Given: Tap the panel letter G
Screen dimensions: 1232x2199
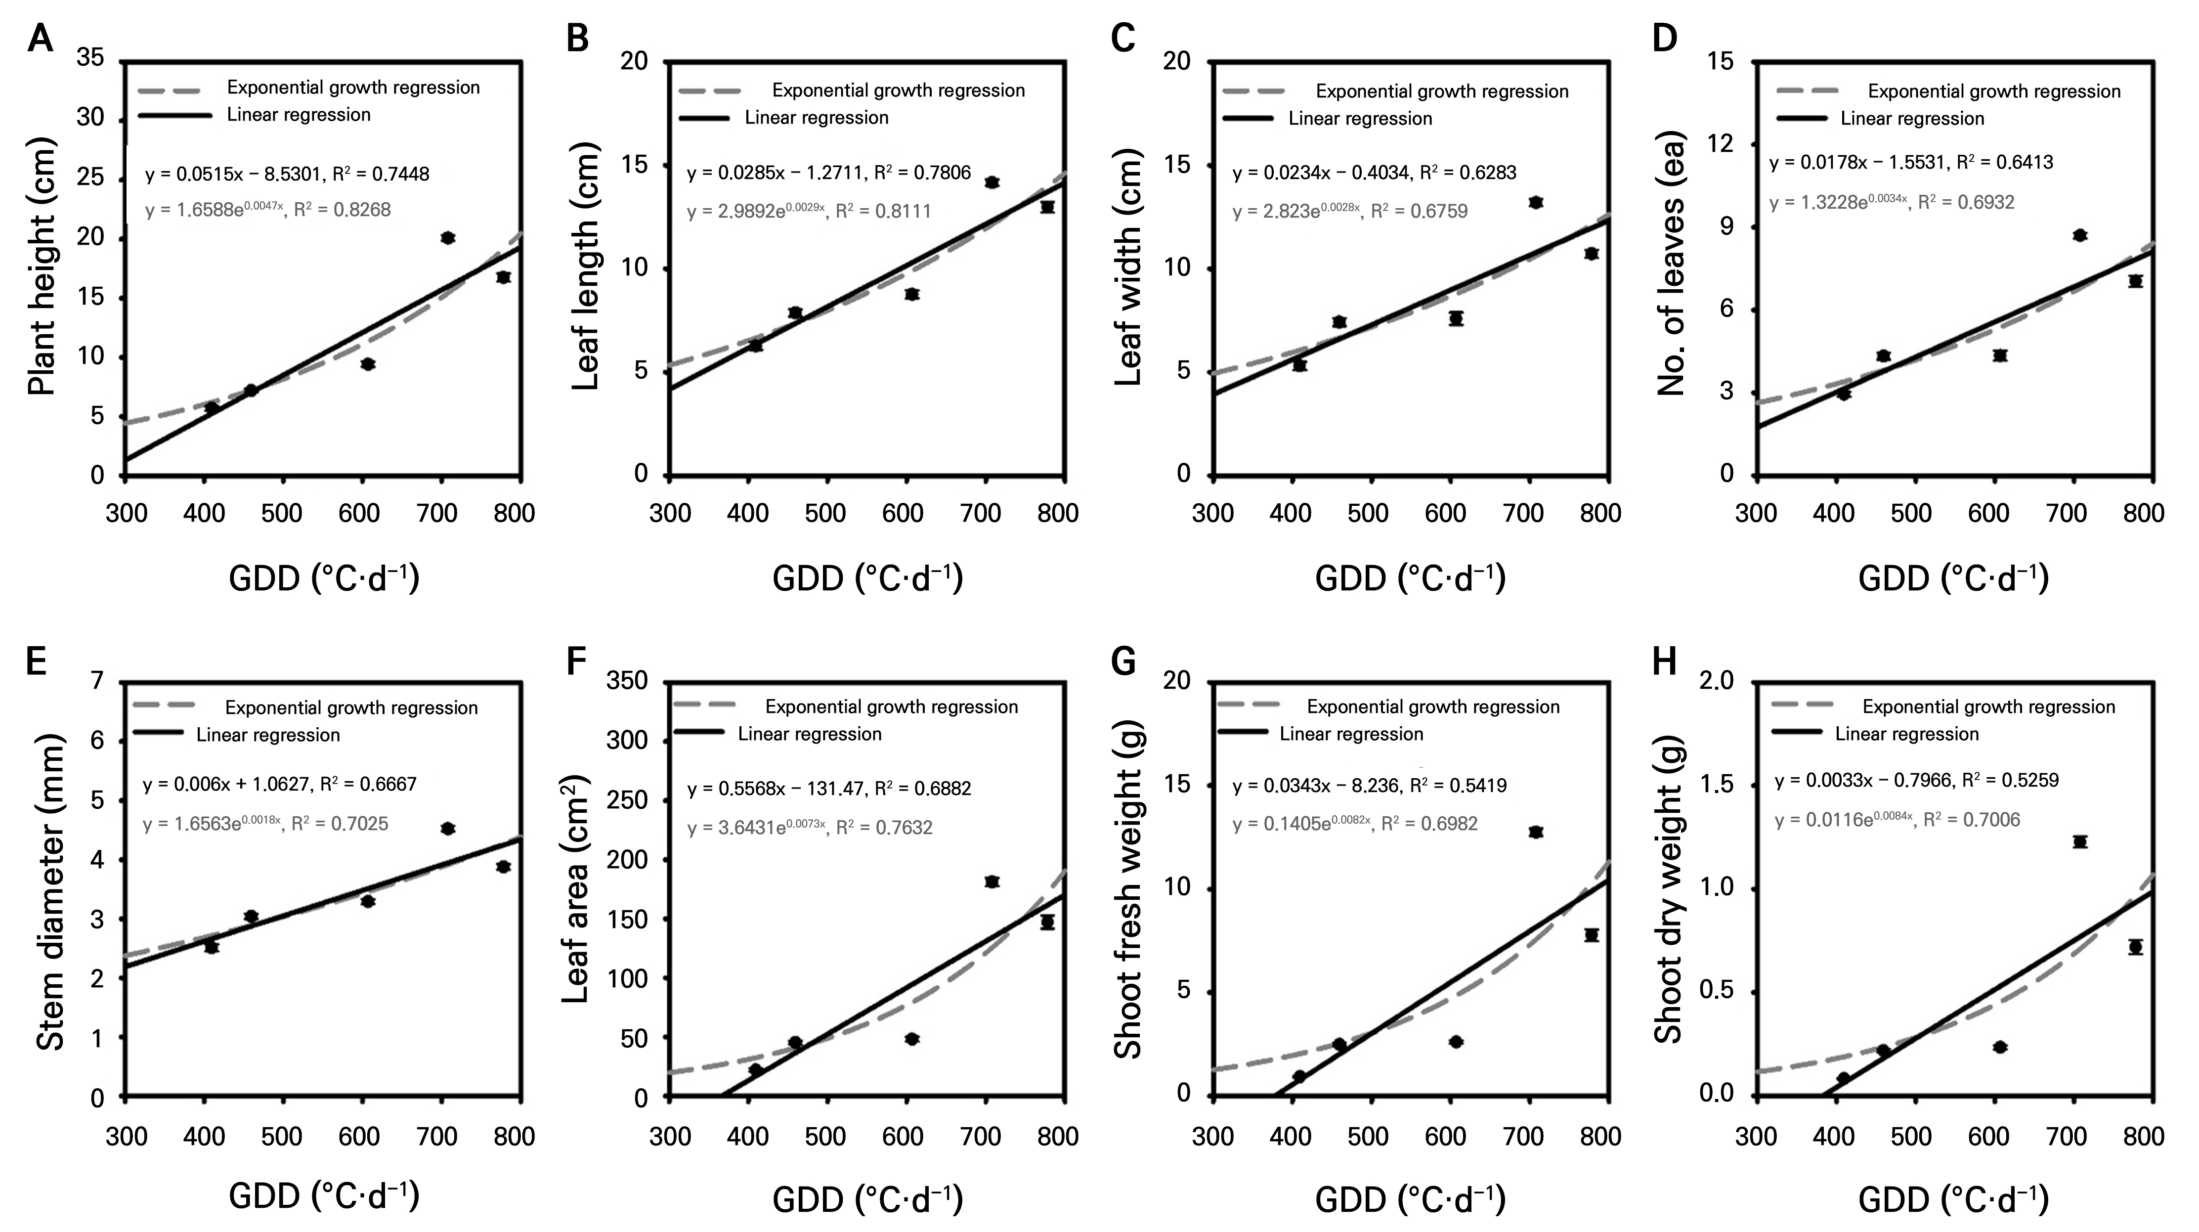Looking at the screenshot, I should [1124, 661].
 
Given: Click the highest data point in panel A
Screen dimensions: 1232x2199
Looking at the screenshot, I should [447, 237].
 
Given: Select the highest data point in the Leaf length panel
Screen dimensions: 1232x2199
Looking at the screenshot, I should [992, 182].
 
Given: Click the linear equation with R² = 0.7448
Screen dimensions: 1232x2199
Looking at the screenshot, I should [287, 174].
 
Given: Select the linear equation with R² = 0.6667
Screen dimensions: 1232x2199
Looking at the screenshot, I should [280, 784].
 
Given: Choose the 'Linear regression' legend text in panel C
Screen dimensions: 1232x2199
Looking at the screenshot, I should [1360, 119].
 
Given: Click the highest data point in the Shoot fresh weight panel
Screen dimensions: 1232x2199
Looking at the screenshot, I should [1536, 832].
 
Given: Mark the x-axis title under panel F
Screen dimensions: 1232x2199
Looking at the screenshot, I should [867, 1199].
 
